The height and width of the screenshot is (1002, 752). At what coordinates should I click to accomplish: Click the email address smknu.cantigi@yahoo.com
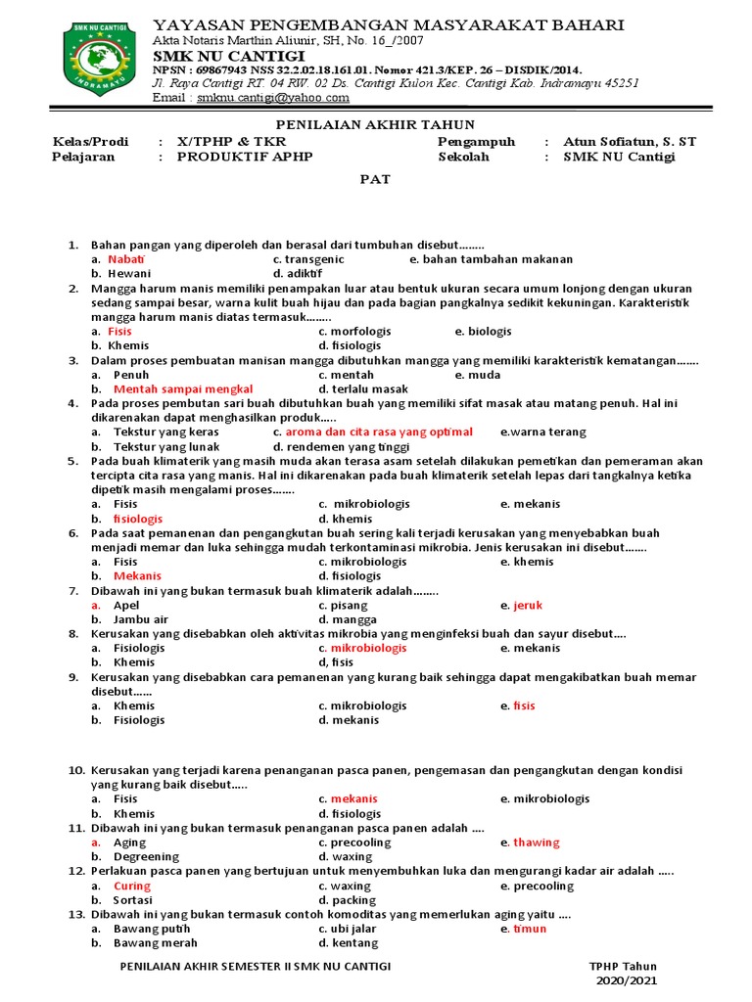(258, 98)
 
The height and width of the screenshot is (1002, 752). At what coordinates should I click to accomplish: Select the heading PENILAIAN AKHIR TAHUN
(375, 124)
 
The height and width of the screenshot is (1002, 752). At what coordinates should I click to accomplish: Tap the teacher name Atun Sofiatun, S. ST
(630, 142)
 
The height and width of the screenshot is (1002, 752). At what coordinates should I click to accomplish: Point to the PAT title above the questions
(374, 179)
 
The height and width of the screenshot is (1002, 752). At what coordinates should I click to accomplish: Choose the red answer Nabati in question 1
(125, 259)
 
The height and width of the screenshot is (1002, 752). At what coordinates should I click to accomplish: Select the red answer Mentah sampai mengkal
(183, 388)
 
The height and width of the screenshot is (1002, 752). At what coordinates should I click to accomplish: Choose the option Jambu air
(141, 619)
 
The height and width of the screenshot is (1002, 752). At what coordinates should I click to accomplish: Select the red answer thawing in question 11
(537, 842)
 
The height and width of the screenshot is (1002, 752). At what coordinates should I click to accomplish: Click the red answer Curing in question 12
(132, 886)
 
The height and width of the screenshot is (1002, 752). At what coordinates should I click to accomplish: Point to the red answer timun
(532, 929)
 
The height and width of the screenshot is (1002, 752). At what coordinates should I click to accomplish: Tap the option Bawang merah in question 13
(155, 942)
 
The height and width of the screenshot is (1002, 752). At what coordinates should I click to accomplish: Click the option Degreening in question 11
(146, 856)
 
